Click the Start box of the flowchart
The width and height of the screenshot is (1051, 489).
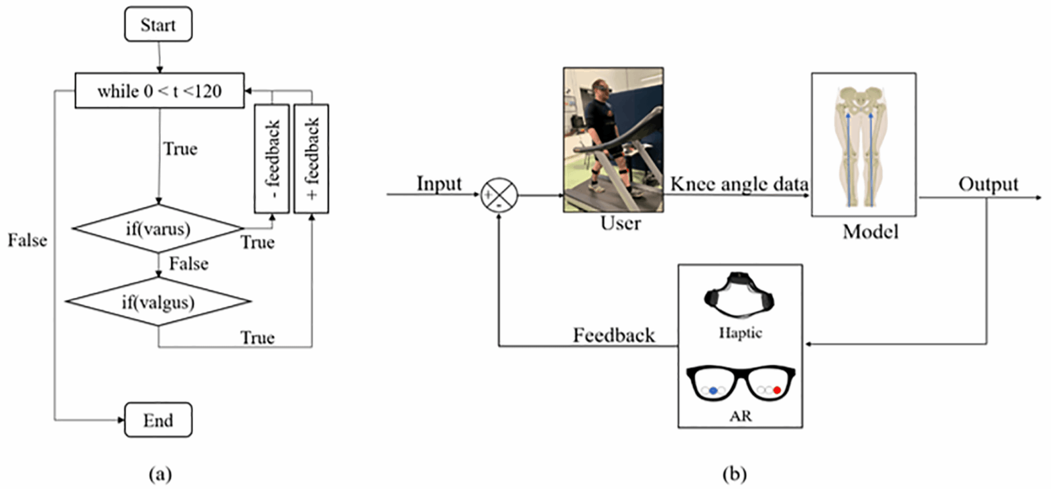[158, 25]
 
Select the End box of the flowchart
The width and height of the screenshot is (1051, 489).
[158, 420]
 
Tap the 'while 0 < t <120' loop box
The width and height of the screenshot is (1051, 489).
[160, 91]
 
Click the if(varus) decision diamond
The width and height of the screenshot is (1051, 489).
[158, 229]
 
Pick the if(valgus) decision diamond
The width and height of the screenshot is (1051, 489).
[158, 302]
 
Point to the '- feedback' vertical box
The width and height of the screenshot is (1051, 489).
[272, 159]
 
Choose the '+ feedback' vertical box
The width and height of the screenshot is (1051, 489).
[311, 159]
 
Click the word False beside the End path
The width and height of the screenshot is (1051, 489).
[28, 240]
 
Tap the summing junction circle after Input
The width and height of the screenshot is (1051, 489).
[499, 195]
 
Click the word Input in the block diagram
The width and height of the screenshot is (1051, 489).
[439, 184]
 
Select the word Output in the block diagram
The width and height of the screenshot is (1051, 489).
[988, 184]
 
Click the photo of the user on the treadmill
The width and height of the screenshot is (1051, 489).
[613, 139]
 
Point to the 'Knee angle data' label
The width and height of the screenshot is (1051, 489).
[739, 184]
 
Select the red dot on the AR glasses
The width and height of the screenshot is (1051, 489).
[777, 391]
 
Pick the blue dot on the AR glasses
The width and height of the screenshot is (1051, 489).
[713, 391]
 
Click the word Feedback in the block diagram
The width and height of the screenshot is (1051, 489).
[614, 335]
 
